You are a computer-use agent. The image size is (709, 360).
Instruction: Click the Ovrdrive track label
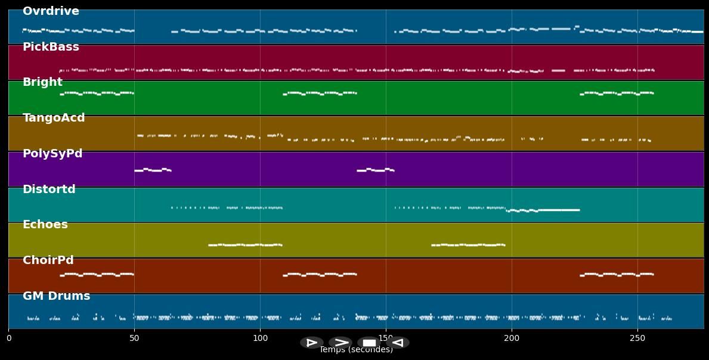[x=51, y=11]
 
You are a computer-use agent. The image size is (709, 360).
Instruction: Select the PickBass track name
[x=51, y=47]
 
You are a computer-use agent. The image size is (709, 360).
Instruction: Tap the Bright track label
[x=42, y=82]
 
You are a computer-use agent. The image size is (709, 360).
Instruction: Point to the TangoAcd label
[x=54, y=118]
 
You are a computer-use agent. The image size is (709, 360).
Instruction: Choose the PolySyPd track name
[x=52, y=154]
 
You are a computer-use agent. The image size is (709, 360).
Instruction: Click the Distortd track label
[x=49, y=190]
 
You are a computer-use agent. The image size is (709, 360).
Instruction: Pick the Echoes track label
[x=45, y=225]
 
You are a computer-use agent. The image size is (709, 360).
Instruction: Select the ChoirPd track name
[x=48, y=260]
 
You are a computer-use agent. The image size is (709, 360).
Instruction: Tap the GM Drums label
[x=57, y=296]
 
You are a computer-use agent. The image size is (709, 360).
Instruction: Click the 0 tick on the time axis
[x=8, y=339]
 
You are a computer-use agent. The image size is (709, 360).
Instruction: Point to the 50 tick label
[x=134, y=339]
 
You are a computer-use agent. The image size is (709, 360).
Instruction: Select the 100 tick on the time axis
[x=260, y=339]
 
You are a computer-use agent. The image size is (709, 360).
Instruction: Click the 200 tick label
[x=512, y=339]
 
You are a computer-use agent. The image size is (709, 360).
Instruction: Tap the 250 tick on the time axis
[x=637, y=339]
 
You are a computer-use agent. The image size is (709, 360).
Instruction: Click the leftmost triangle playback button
[x=311, y=343]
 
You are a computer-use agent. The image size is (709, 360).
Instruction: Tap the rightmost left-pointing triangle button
[x=398, y=343]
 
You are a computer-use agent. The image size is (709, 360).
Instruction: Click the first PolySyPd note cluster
[x=153, y=170]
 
